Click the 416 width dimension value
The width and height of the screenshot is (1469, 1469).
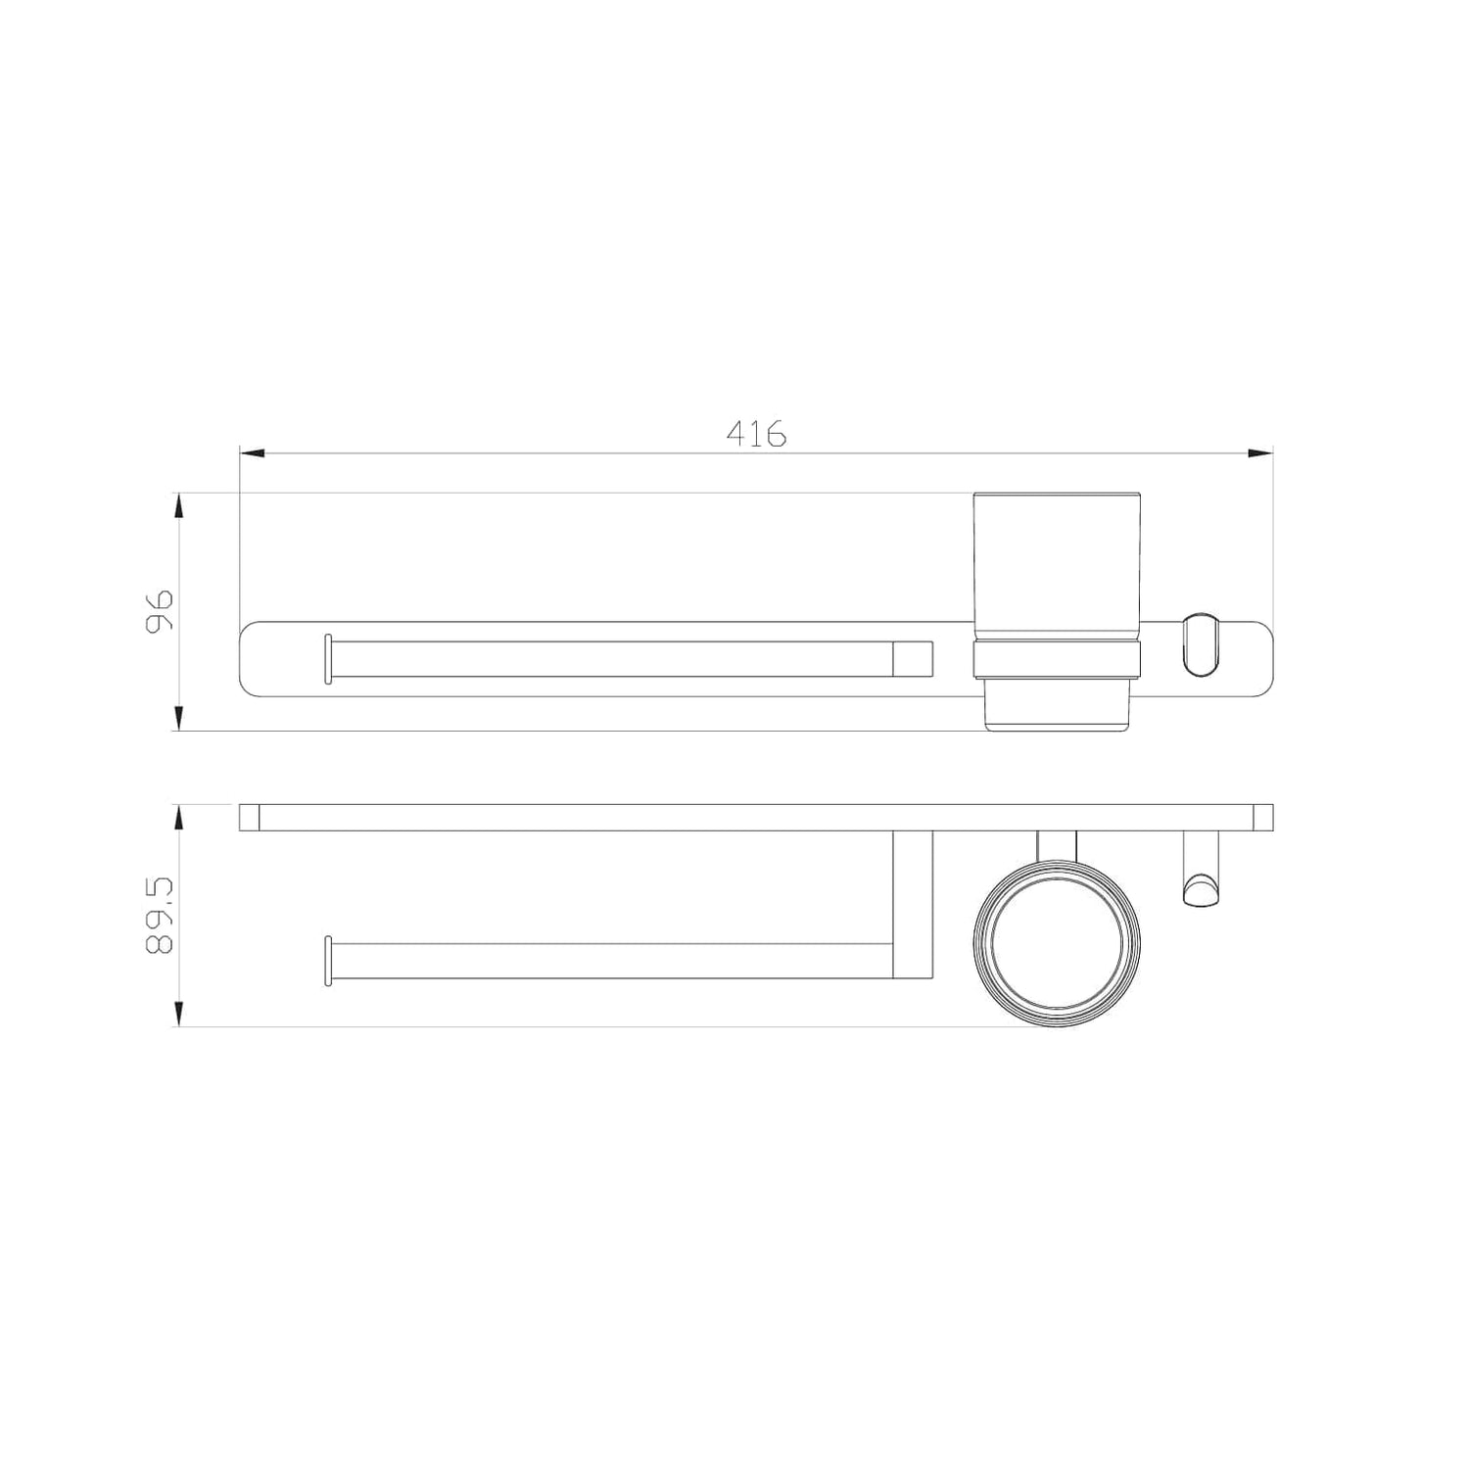[756, 433]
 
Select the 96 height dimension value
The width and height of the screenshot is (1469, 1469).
[158, 610]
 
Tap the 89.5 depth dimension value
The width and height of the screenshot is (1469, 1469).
[158, 916]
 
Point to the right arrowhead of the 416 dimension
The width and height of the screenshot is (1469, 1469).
[1259, 453]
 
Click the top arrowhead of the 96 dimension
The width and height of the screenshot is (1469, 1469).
[177, 506]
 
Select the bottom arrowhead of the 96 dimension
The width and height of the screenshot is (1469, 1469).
[177, 718]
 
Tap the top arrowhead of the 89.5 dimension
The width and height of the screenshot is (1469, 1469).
[177, 819]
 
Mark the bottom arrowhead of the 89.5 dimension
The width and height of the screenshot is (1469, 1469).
[177, 1014]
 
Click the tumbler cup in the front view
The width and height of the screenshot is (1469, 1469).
[1056, 612]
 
